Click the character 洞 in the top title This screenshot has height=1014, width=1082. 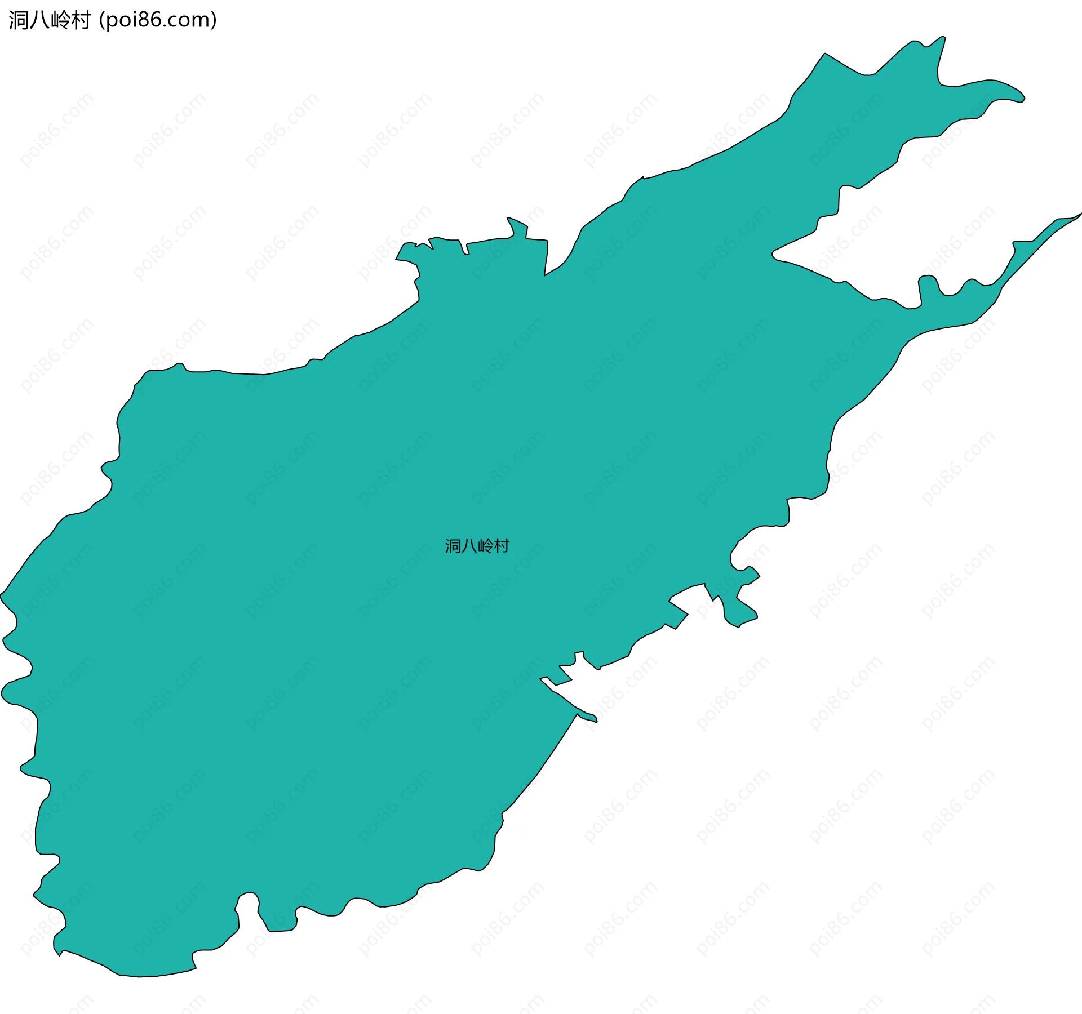[x=19, y=20]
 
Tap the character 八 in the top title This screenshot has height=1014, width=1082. [x=39, y=20]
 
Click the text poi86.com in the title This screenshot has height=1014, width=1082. [x=157, y=20]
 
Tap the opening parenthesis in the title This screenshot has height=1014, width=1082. [x=101, y=20]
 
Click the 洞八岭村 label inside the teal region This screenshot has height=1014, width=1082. [x=477, y=546]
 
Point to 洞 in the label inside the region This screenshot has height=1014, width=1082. [x=453, y=546]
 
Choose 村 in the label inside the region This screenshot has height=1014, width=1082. [x=501, y=546]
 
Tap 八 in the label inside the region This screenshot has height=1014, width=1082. [x=469, y=546]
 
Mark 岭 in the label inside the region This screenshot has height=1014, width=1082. [x=485, y=546]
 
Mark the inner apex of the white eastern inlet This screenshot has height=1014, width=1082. [x=774, y=253]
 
